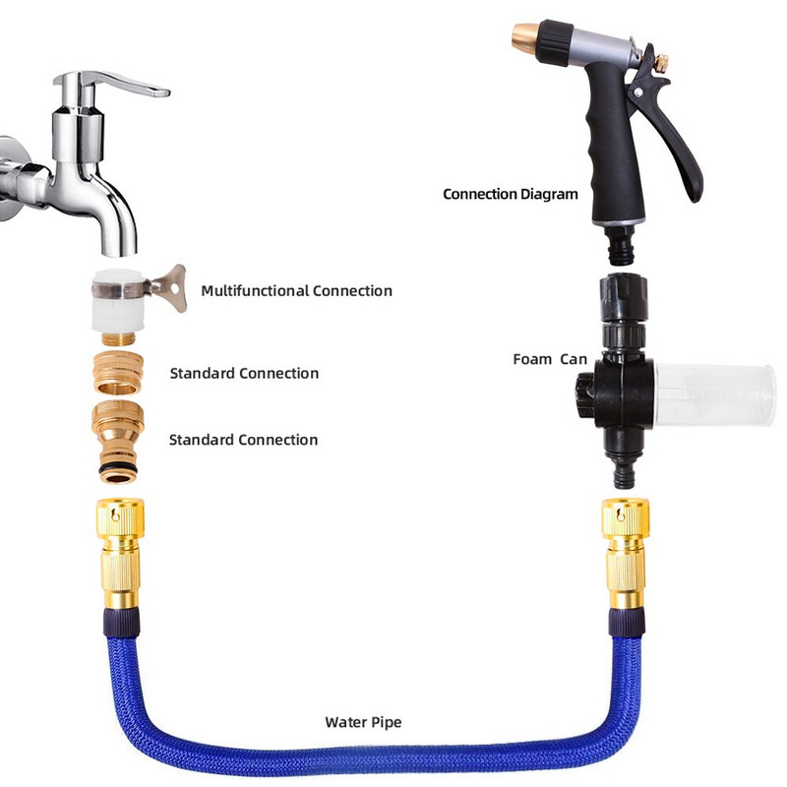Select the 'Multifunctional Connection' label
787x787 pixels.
[297, 290]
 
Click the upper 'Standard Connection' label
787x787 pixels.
[244, 373]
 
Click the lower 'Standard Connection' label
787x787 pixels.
[243, 440]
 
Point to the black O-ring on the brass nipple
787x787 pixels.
[117, 468]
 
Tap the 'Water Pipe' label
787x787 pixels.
[363, 722]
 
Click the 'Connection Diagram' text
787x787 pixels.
[511, 194]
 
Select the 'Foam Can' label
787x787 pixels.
[550, 359]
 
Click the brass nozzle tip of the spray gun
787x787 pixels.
[525, 36]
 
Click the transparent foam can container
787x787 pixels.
[715, 394]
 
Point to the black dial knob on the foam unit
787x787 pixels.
[584, 394]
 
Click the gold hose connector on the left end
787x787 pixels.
[120, 552]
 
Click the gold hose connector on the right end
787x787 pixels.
[626, 552]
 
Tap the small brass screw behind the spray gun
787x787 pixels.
[661, 63]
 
